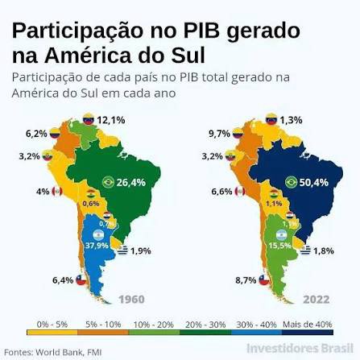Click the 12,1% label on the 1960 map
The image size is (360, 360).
tap(111, 120)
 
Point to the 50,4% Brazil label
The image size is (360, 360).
tap(314, 182)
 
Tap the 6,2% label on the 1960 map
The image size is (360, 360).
tap(35, 132)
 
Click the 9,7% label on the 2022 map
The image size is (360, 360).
tap(219, 132)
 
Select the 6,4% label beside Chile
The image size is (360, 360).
tap(61, 280)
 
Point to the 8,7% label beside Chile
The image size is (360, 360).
tap(246, 280)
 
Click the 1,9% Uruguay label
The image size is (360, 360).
tap(141, 251)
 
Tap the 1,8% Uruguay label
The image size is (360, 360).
tap(324, 251)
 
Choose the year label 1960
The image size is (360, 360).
tap(131, 300)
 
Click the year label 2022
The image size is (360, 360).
tap(317, 300)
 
